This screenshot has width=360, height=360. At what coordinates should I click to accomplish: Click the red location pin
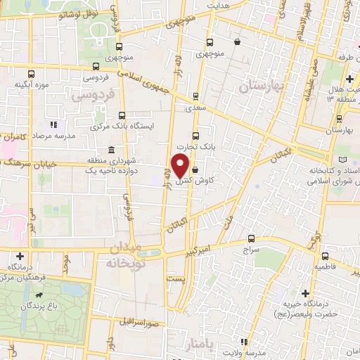click(x=181, y=165)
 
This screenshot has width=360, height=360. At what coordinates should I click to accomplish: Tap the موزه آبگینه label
click(x=28, y=84)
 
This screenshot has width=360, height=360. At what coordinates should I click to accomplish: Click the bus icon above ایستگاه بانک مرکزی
click(x=122, y=115)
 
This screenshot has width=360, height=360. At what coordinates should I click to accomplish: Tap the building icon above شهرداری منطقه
click(x=112, y=150)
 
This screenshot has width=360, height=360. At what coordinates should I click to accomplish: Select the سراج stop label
click(x=251, y=250)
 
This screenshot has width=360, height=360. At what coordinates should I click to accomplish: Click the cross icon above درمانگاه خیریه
click(x=306, y=292)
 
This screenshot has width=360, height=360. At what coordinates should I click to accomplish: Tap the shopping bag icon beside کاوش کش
click(x=195, y=169)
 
